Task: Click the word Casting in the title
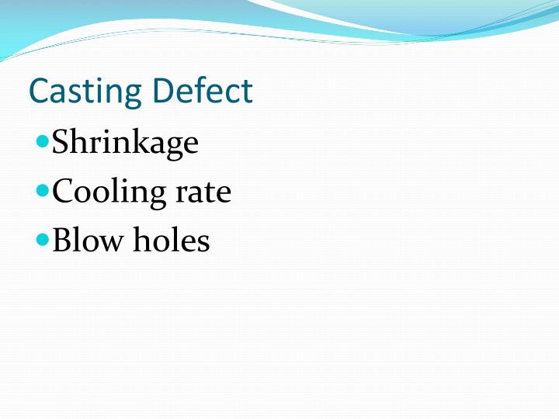pos(86,92)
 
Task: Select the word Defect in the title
pos(203,92)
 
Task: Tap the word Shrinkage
pos(124,144)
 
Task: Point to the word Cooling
pos(109,192)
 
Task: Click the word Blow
pos(86,241)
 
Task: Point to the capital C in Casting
pos(39,92)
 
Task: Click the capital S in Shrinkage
pos(61,144)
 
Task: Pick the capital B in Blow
pos(62,241)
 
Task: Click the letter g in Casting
pos(134,95)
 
